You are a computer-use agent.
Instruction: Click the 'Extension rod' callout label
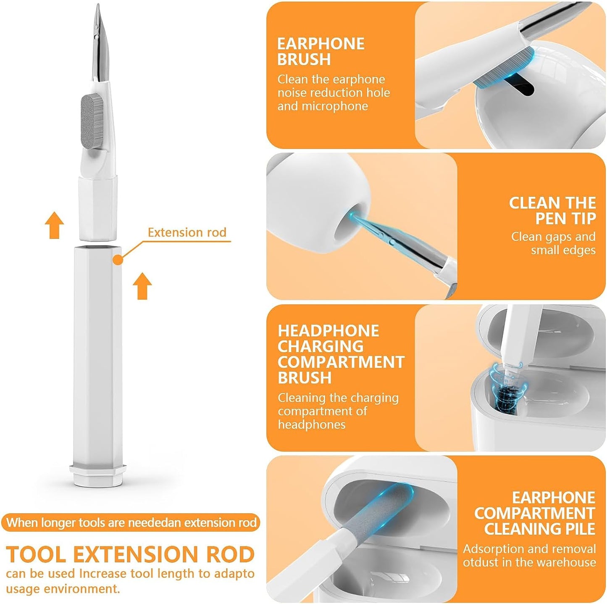[187, 232]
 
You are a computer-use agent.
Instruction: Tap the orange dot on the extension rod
[118, 260]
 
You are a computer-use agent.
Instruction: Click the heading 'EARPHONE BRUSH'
[321, 51]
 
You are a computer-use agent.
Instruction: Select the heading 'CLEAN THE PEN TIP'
[552, 211]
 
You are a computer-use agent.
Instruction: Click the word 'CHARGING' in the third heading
[321, 346]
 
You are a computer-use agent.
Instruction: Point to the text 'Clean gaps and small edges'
[553, 243]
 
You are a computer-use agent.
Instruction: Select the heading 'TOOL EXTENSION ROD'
[130, 554]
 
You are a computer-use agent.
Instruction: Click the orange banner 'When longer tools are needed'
[131, 522]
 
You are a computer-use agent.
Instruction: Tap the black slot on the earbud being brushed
[520, 84]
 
